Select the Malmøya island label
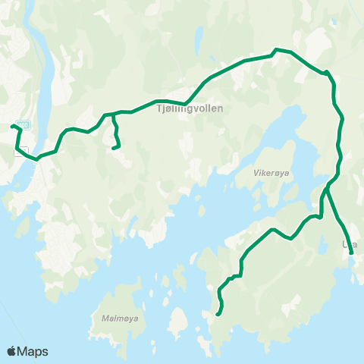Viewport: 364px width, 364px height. click(x=119, y=318)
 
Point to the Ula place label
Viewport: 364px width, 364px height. click(x=349, y=244)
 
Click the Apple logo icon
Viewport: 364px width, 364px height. click(x=11, y=352)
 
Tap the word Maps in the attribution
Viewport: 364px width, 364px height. click(x=33, y=352)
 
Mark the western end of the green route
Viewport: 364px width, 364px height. click(x=12, y=126)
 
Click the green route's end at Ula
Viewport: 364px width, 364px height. click(x=351, y=243)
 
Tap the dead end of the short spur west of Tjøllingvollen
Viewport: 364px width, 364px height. click(x=113, y=148)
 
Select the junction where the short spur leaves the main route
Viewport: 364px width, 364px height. click(x=113, y=115)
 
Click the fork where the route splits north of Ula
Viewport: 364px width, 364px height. click(x=327, y=187)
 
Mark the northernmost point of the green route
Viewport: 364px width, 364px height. click(x=276, y=50)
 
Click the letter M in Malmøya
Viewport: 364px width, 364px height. click(x=104, y=318)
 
